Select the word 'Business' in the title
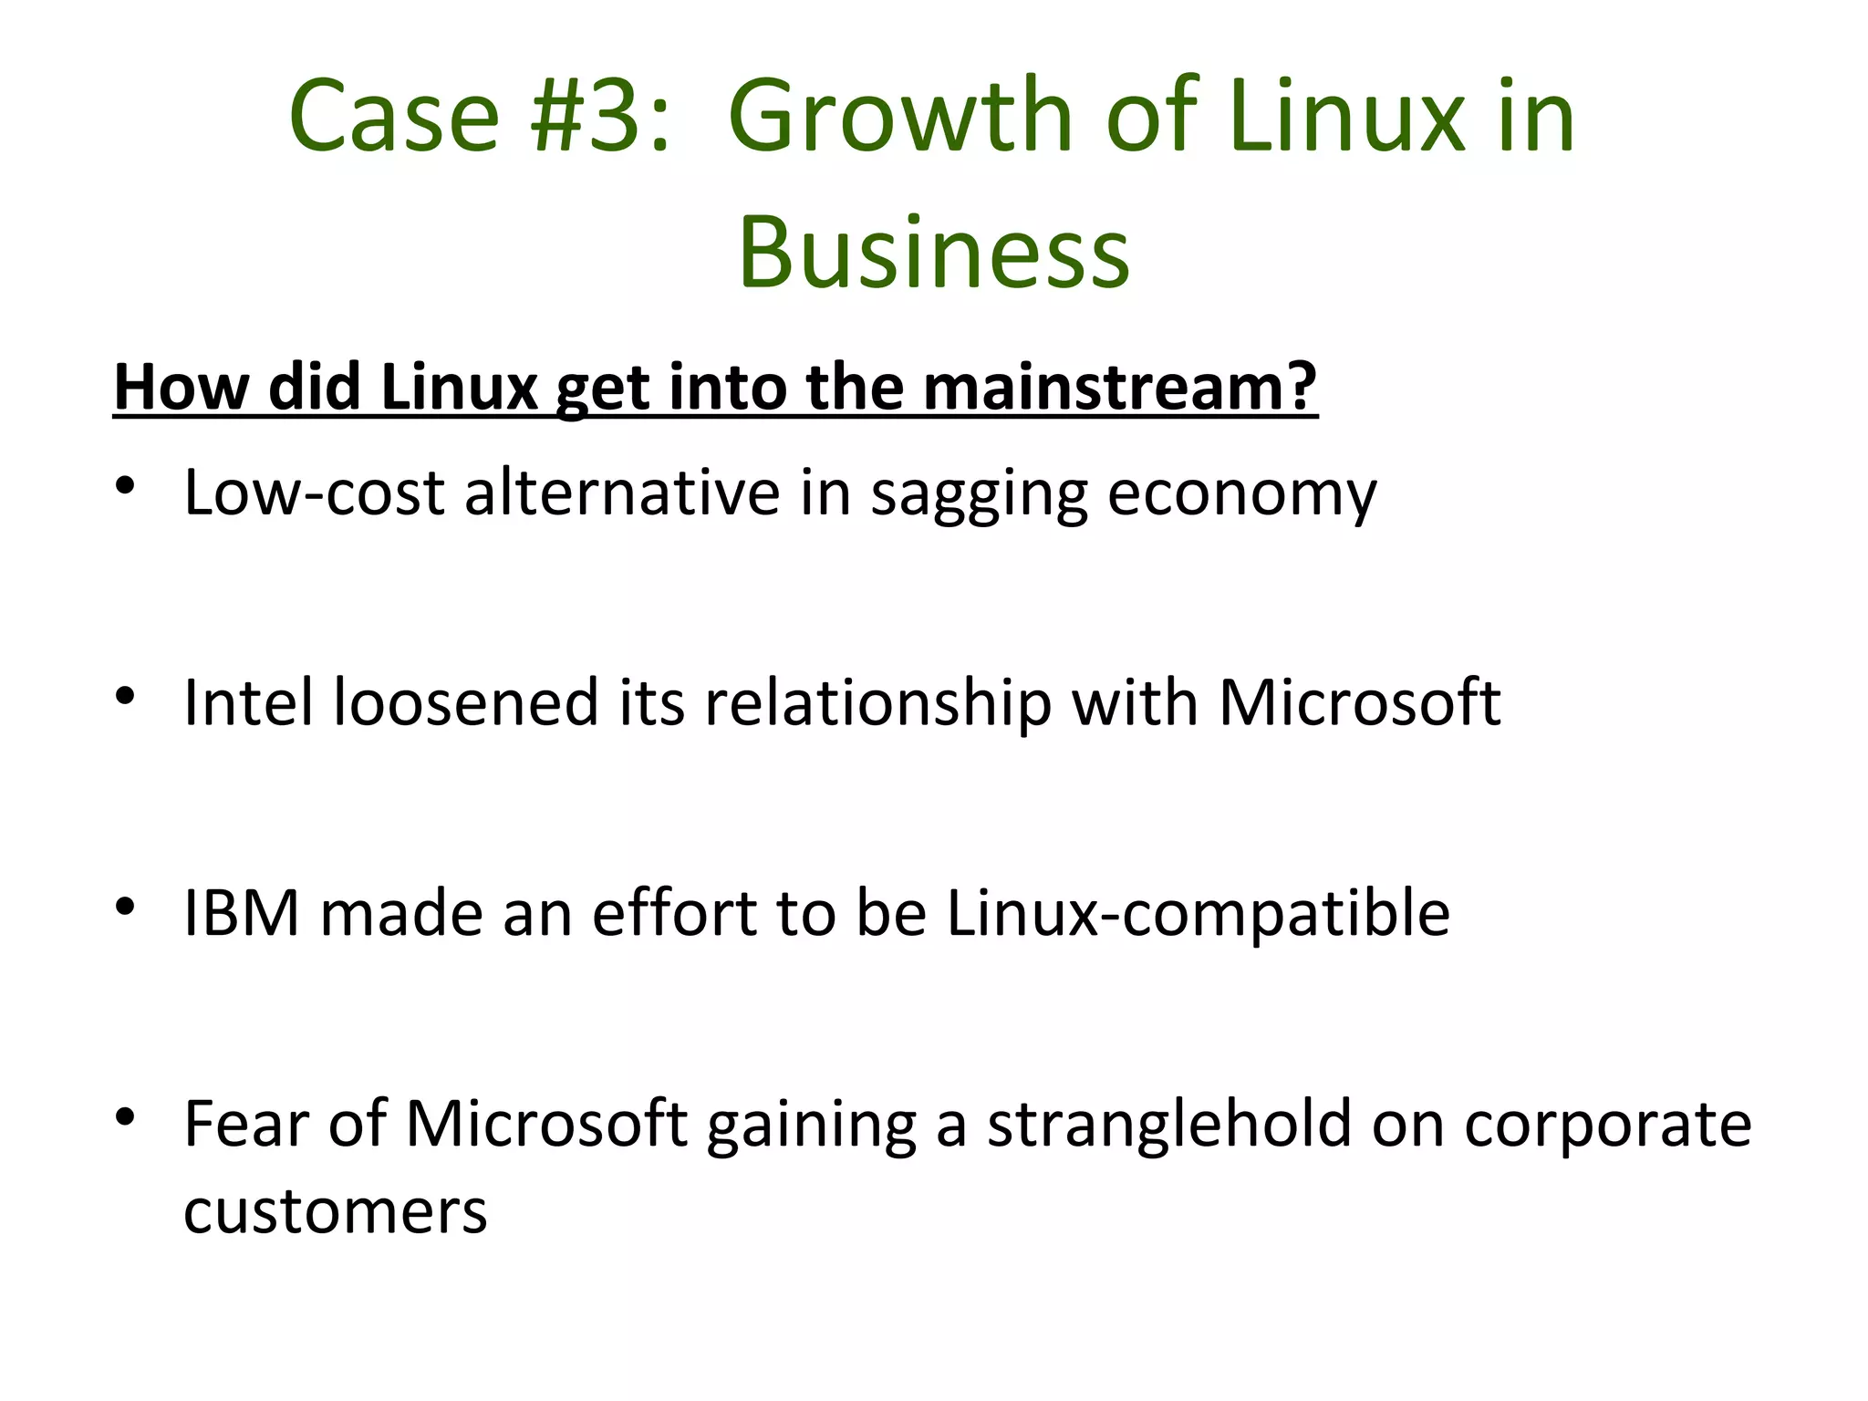tap(933, 253)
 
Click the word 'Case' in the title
tap(394, 117)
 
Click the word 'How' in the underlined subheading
tap(180, 388)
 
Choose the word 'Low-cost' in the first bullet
tap(314, 493)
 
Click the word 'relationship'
tap(877, 705)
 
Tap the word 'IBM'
tap(241, 913)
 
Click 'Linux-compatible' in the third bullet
tap(1198, 915)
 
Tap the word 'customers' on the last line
tap(335, 1212)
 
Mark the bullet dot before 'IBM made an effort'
tap(126, 907)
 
